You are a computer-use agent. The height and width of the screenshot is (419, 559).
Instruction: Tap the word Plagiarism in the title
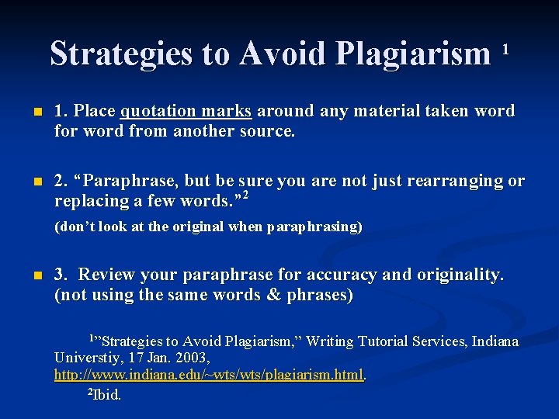pyautogui.click(x=414, y=54)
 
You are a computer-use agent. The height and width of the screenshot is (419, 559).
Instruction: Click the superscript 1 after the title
pyautogui.click(x=505, y=49)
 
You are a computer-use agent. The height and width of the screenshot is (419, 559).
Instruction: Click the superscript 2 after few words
pyautogui.click(x=245, y=196)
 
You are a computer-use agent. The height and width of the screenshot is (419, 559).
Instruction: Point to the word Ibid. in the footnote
pyautogui.click(x=107, y=394)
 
